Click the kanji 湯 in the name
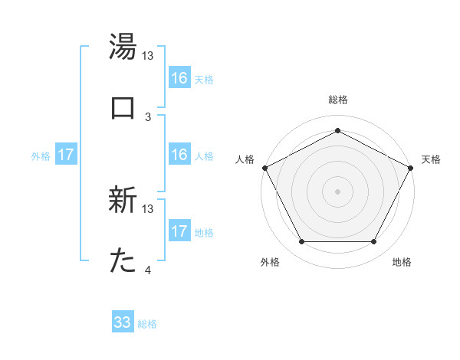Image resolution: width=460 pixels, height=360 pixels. pyautogui.click(x=123, y=47)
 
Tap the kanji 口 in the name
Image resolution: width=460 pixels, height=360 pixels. pyautogui.click(x=123, y=106)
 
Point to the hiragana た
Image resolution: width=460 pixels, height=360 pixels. pyautogui.click(x=123, y=261)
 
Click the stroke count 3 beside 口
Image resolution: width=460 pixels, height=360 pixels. pyautogui.click(x=148, y=116)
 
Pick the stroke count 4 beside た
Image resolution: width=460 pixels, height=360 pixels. pyautogui.click(x=148, y=270)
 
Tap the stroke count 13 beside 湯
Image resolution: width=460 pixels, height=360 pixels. pyautogui.click(x=148, y=56)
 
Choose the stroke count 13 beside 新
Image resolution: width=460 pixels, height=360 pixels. pyautogui.click(x=148, y=208)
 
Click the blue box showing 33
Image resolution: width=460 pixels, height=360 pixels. pyautogui.click(x=123, y=322)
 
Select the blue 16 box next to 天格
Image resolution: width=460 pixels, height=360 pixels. pyautogui.click(x=179, y=78)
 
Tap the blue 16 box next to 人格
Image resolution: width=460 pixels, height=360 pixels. pyautogui.click(x=179, y=155)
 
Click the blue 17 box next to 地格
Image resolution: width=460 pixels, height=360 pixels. pyautogui.click(x=179, y=231)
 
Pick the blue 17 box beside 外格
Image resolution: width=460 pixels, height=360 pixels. pyautogui.click(x=66, y=155)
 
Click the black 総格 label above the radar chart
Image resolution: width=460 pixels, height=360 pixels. pyautogui.click(x=337, y=100)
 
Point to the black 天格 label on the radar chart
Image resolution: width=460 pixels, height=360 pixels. pyautogui.click(x=432, y=159)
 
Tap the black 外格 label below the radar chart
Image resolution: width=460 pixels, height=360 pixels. pyautogui.click(x=270, y=262)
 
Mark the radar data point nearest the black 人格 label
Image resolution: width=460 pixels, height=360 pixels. pyautogui.click(x=264, y=167)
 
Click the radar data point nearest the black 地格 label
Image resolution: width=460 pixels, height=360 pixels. pyautogui.click(x=374, y=242)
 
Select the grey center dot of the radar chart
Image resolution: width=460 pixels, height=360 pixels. pyautogui.click(x=337, y=191)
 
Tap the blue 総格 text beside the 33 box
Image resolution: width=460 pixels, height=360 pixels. pyautogui.click(x=147, y=324)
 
